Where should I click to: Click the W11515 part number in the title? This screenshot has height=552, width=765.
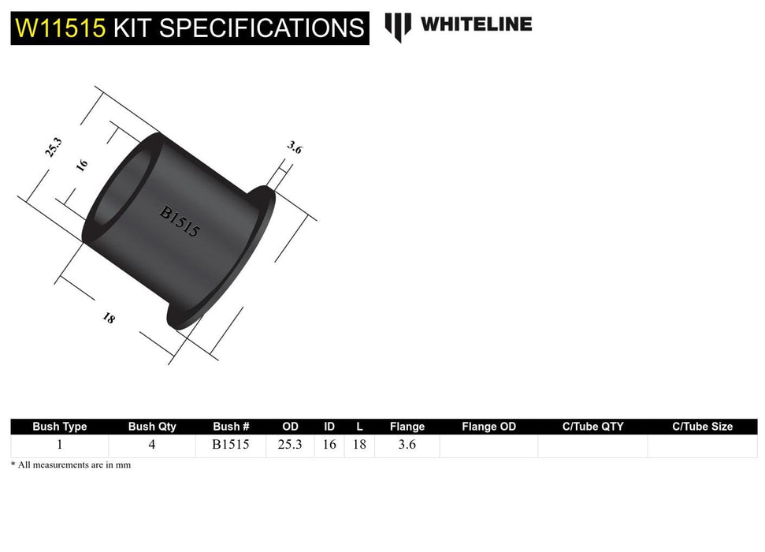click(x=60, y=28)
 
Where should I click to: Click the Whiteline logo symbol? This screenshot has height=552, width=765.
click(x=398, y=26)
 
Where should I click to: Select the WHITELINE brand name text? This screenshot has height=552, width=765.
click(x=476, y=24)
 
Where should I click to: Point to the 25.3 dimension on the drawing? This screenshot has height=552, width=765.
click(x=54, y=147)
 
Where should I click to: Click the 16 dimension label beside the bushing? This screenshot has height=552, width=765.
click(x=82, y=165)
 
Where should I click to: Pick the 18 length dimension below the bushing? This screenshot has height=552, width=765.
click(x=109, y=319)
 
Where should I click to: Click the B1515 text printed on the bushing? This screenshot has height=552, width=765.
click(x=180, y=222)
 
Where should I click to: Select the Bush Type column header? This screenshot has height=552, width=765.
click(x=60, y=427)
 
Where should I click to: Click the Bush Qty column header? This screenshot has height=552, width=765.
click(x=152, y=427)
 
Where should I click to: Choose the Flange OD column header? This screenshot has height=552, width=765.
click(x=488, y=427)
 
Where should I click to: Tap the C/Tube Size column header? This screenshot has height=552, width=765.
click(x=702, y=427)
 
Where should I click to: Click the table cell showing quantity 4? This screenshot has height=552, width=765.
click(x=152, y=445)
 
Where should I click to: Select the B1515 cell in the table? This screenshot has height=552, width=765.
click(x=231, y=445)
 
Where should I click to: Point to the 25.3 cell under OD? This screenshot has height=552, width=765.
click(x=290, y=445)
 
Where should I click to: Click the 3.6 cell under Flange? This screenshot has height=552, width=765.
click(x=407, y=445)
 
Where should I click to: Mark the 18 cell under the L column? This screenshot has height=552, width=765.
click(x=359, y=445)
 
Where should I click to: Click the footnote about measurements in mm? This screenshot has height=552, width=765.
click(x=71, y=465)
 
